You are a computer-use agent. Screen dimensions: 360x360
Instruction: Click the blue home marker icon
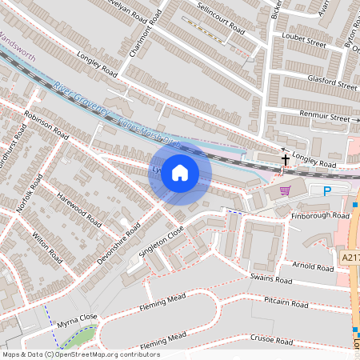(x=180, y=173)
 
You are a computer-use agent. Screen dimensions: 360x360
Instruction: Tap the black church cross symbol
(x=286, y=160)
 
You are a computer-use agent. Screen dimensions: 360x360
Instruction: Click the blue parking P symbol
(x=326, y=190)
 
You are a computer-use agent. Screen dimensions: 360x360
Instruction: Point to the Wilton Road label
(x=47, y=249)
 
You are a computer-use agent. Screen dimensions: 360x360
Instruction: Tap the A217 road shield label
(x=350, y=258)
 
